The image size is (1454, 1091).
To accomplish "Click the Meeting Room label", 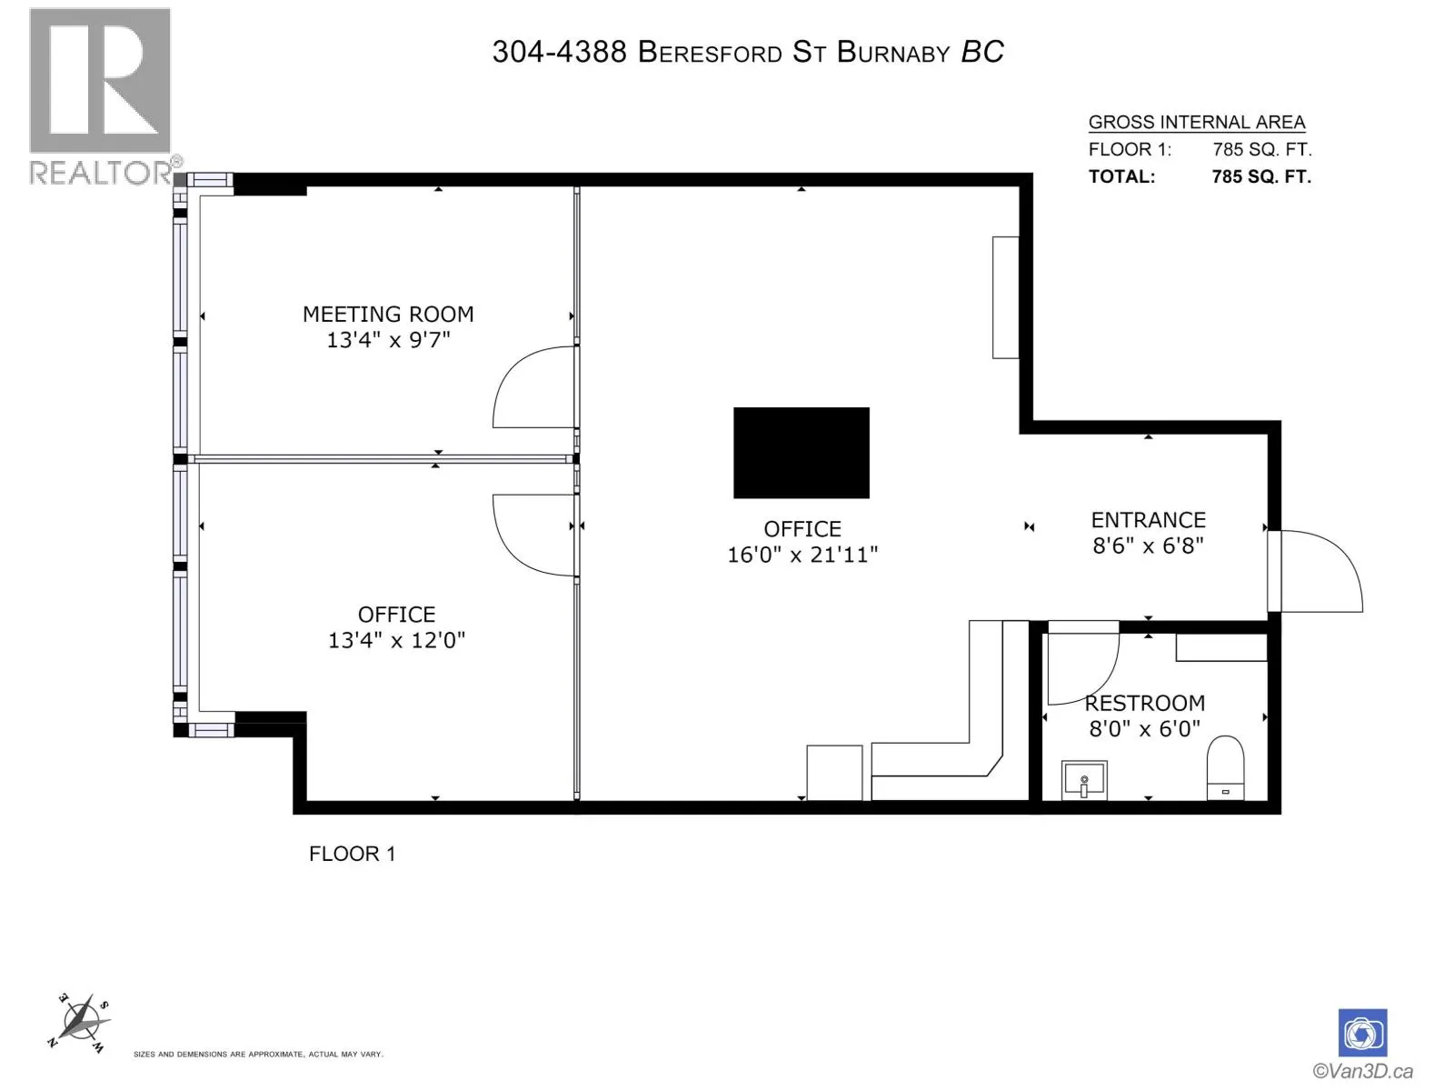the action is [x=388, y=314].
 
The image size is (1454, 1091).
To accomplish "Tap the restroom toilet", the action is [x=1225, y=767].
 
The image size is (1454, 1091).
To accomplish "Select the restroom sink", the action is [x=1084, y=780].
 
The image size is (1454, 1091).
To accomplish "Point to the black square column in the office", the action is [x=801, y=453].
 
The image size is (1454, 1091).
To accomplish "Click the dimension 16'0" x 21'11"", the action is [x=802, y=555].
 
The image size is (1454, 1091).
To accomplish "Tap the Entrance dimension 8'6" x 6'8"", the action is [x=1148, y=545].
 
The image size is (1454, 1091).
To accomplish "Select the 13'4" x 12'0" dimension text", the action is [x=397, y=641].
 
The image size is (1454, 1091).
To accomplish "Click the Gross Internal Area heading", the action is [x=1196, y=123].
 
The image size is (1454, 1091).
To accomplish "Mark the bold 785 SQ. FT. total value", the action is [x=1261, y=177].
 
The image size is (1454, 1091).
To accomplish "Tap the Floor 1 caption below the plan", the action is [x=352, y=854].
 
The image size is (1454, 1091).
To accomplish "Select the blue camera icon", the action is [x=1362, y=1033].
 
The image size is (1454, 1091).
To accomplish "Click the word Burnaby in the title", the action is [x=893, y=52].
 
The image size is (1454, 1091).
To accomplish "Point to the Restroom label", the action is [x=1145, y=703].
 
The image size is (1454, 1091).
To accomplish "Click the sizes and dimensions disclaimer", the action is [x=258, y=1054].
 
